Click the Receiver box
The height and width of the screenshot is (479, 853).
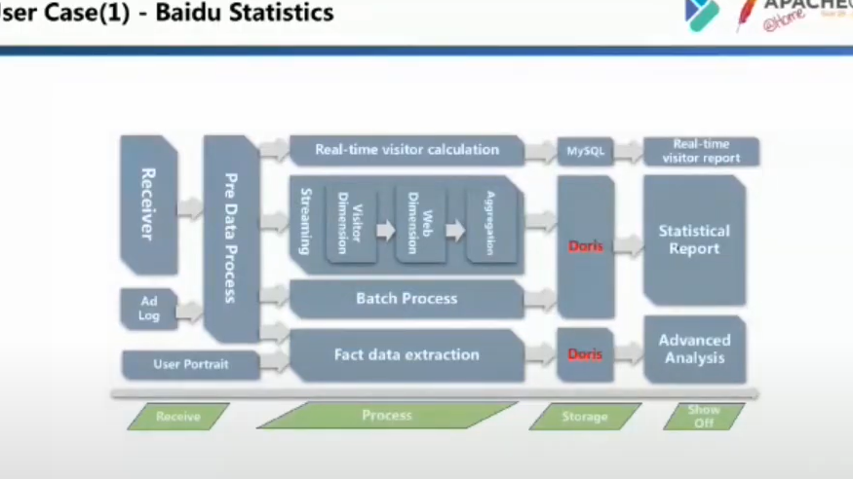(148, 204)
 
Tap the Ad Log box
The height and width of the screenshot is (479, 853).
(148, 309)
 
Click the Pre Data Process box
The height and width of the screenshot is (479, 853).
(231, 239)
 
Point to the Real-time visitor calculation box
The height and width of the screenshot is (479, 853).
(407, 150)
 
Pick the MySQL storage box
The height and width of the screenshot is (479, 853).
(586, 151)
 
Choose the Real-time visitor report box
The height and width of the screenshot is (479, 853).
(701, 151)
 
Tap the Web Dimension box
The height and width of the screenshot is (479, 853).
(420, 222)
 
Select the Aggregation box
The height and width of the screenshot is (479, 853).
(490, 222)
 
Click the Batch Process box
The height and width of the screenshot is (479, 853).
(407, 299)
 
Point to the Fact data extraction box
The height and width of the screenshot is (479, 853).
(407, 355)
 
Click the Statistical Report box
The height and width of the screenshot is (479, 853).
(694, 239)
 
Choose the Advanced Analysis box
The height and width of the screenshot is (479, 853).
(694, 349)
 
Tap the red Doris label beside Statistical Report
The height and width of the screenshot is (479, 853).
(585, 246)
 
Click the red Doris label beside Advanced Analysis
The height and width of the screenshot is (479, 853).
(585, 354)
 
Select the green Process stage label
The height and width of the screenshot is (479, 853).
(387, 416)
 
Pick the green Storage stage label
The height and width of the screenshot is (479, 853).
(585, 417)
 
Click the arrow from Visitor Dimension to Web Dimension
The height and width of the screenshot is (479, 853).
(385, 231)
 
